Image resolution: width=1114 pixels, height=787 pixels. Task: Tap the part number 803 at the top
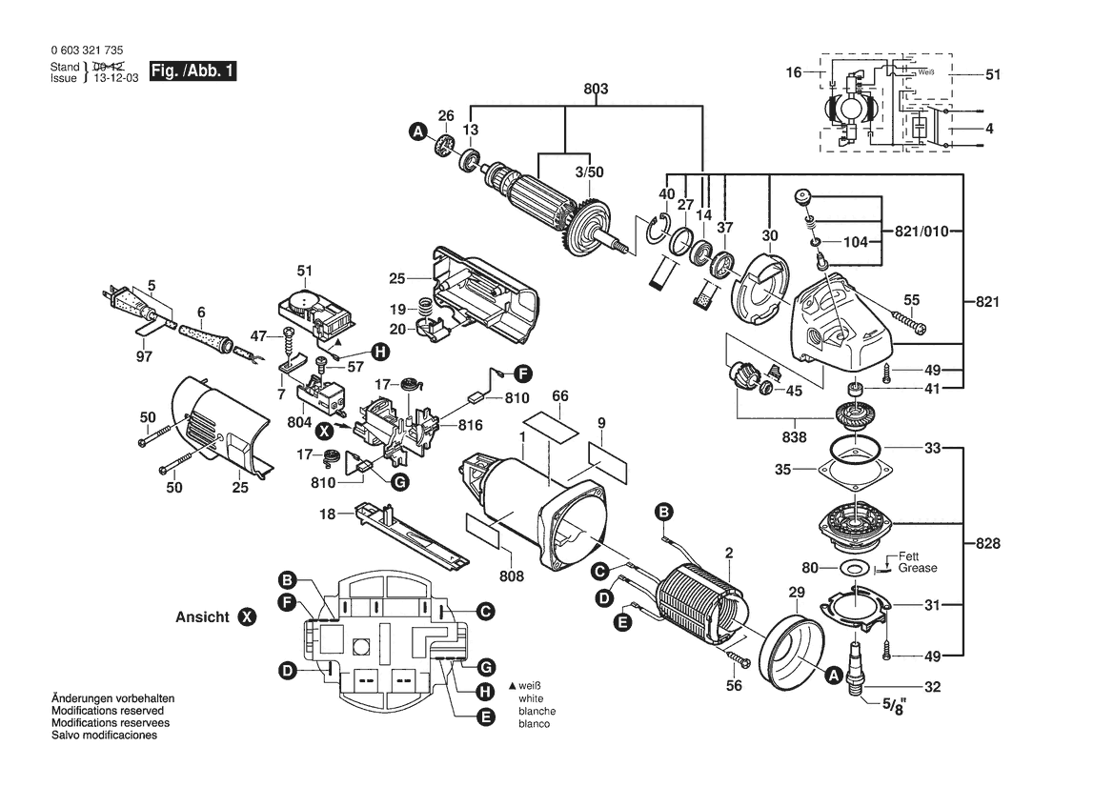[x=596, y=89]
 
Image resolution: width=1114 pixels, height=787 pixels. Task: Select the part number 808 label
[x=512, y=575]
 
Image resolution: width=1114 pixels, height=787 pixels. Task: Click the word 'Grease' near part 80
[x=917, y=568]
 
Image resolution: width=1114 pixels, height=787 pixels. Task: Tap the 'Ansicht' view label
[x=203, y=617]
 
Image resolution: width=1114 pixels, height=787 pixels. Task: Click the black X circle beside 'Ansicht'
[x=247, y=617]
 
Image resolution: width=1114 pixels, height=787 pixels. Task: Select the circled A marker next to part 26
[x=416, y=134]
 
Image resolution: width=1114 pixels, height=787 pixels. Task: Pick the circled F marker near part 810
[x=523, y=373]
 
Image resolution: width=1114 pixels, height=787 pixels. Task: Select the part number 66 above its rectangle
[x=559, y=395]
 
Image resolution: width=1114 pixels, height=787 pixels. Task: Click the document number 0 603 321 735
[x=84, y=50]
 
